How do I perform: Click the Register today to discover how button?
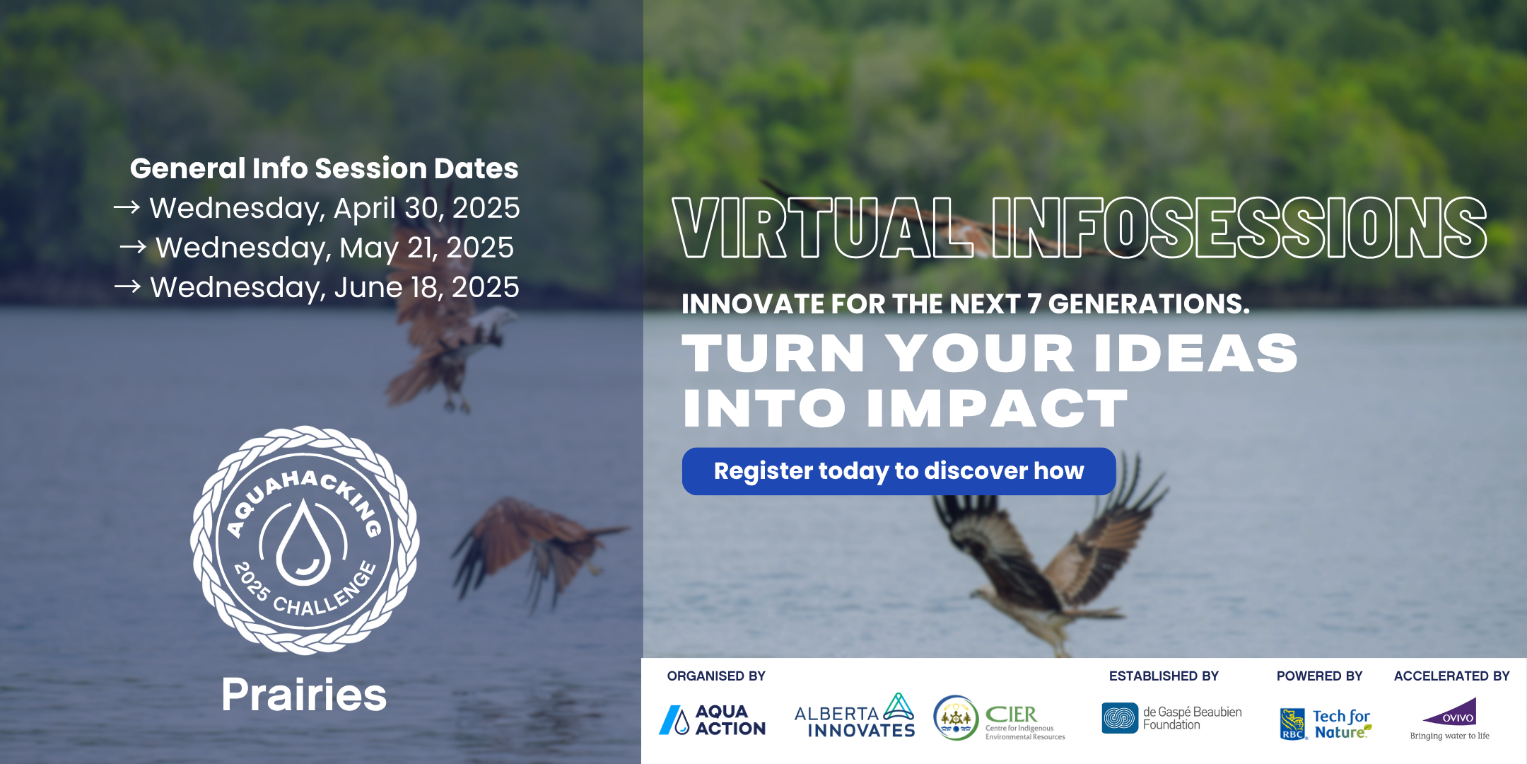point(899,471)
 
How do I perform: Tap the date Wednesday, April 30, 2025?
point(334,208)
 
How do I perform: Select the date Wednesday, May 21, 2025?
point(334,248)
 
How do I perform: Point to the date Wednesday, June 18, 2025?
point(334,287)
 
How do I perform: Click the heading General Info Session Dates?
point(324,168)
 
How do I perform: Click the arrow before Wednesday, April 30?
point(127,207)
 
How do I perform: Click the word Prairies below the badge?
point(304,695)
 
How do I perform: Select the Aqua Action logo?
point(713,720)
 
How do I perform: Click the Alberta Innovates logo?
point(855,716)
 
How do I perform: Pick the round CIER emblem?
point(955,717)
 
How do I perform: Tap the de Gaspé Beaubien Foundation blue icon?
point(1120,718)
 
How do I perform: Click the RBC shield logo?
point(1293,724)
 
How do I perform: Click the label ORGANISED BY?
point(716,676)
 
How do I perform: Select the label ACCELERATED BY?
point(1451,676)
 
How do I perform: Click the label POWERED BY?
point(1319,676)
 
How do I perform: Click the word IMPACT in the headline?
point(997,409)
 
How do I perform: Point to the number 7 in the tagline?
point(1034,304)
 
